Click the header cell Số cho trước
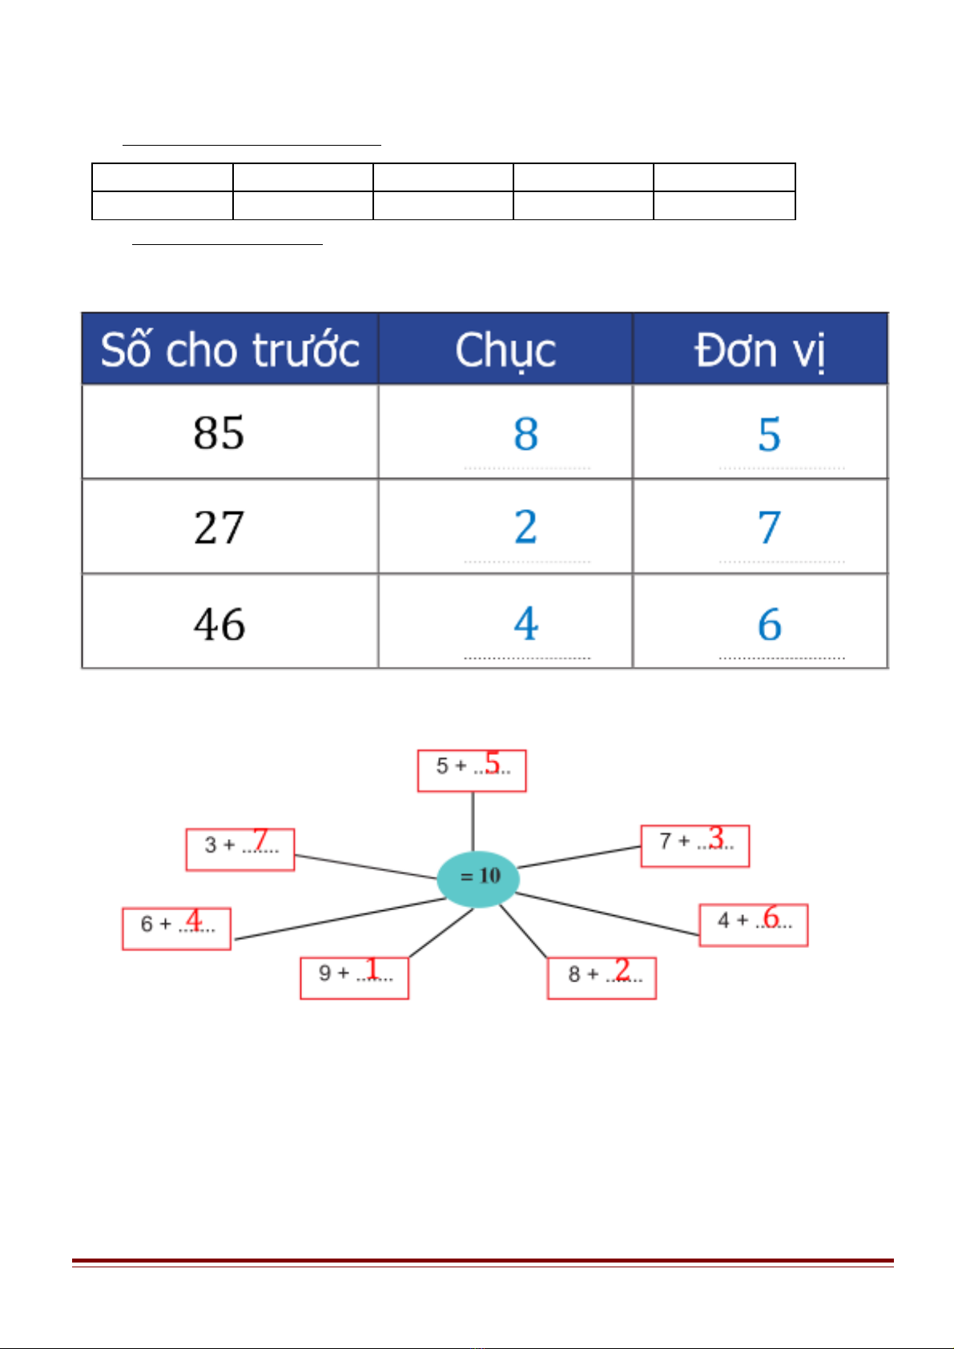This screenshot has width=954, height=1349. coord(230,349)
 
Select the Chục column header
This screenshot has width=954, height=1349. coord(505,349)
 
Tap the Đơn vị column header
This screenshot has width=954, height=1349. coord(760,349)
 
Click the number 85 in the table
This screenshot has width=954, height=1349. coord(219,432)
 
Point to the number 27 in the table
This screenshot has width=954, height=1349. coord(219,528)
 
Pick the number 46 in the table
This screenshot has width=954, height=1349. coord(219,624)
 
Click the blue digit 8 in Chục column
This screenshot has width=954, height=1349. coord(525,433)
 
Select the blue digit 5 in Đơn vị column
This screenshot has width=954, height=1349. coord(769,434)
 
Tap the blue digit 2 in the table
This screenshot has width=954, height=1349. coord(525,527)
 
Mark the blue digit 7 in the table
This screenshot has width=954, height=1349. coord(769,528)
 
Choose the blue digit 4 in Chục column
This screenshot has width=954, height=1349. coord(526,624)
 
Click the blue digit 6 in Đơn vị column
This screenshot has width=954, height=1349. coord(770,624)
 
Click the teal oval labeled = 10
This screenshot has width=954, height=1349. coord(478,879)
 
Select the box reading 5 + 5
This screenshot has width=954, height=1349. coord(472,771)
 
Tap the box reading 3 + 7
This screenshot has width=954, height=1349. coord(240,849)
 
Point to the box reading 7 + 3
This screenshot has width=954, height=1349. coord(694,846)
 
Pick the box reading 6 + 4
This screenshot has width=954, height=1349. coord(176,929)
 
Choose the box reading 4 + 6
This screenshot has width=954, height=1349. coord(753,925)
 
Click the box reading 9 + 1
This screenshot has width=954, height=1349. coord(354,978)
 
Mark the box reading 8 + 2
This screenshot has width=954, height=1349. coord(602,978)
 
